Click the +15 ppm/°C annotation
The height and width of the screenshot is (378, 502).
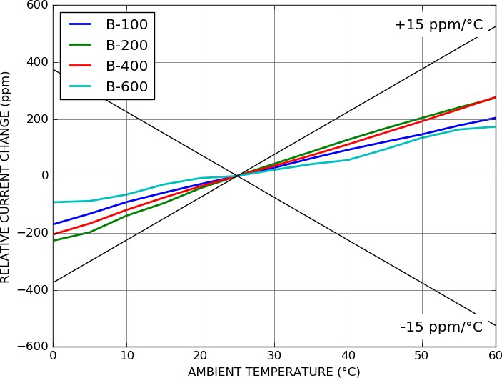[x=438, y=25]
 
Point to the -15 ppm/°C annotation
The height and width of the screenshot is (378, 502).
[x=441, y=327]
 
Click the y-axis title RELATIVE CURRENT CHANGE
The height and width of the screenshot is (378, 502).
[x=6, y=176]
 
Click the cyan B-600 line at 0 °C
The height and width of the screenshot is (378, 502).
[x=54, y=202]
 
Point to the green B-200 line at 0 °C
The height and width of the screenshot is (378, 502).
[x=54, y=240]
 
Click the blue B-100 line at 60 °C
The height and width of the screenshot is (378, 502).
[x=494, y=119]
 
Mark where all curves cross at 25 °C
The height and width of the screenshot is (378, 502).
[x=237, y=176]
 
